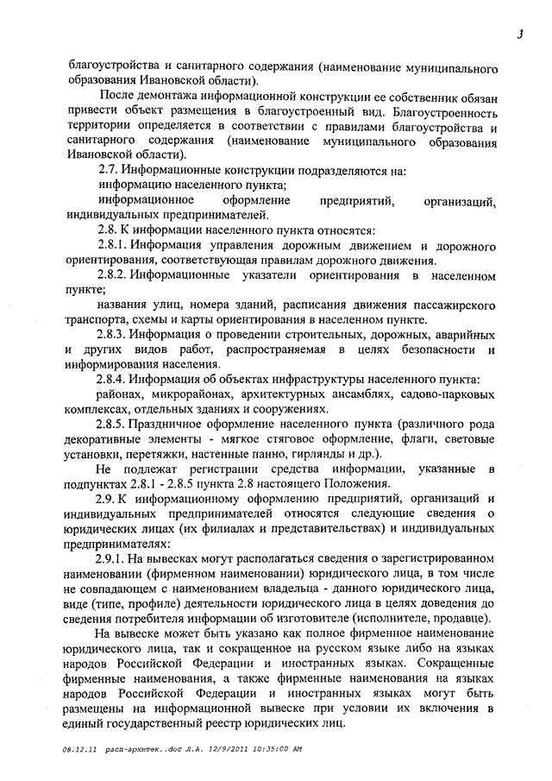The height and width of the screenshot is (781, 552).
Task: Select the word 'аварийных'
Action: (x=462, y=335)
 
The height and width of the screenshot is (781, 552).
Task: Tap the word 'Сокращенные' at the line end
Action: (x=455, y=664)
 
